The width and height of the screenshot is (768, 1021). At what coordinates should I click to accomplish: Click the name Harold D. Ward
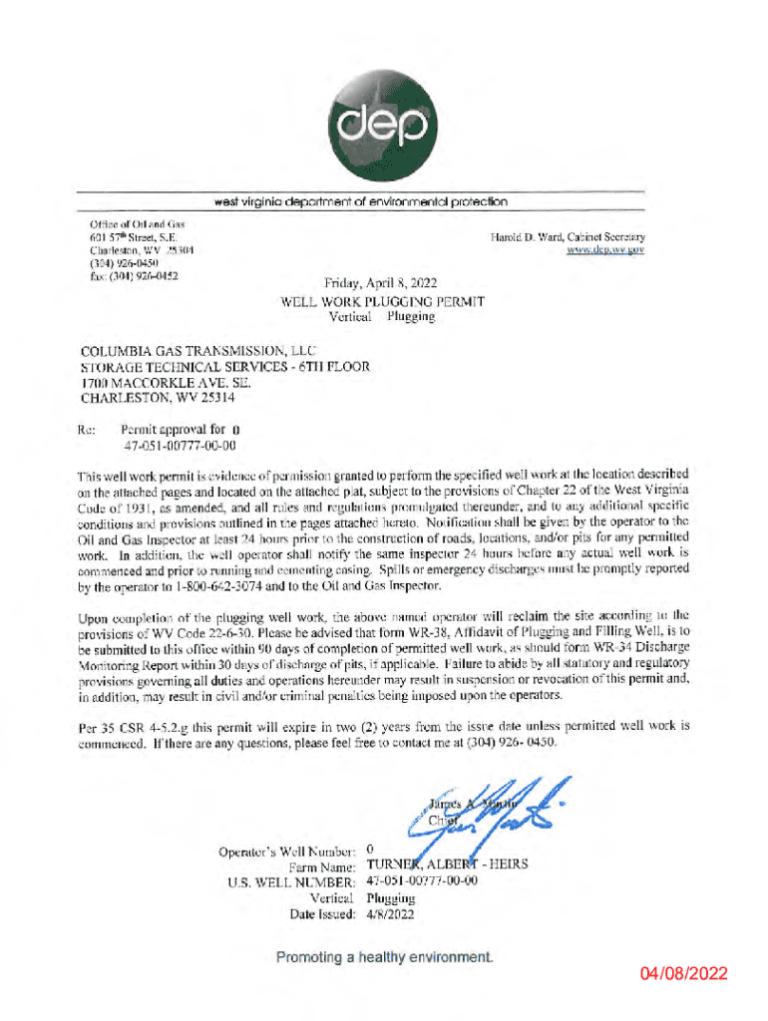527,237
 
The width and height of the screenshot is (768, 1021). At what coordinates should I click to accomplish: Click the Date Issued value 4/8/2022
391,913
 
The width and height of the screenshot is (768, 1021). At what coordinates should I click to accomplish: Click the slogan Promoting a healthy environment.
384,957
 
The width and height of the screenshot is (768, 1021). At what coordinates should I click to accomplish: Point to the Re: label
88,430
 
